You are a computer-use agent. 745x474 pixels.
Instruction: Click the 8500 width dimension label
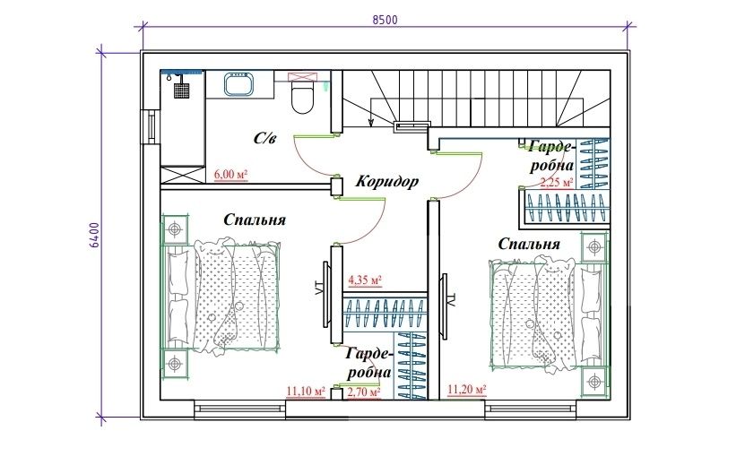pos(385,20)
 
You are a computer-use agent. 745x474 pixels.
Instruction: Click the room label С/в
pos(264,138)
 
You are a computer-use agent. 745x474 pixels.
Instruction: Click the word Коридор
pos(387,181)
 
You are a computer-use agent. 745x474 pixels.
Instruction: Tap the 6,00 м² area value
pos(231,175)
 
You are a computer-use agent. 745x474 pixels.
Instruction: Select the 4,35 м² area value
pos(366,280)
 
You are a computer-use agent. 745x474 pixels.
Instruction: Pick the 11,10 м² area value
pos(306,392)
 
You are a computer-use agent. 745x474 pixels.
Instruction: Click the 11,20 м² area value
pos(467,390)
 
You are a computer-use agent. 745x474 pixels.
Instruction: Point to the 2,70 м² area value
pos(364,392)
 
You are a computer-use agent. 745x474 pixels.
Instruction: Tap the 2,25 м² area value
pos(557,182)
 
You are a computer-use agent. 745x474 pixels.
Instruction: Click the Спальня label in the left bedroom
pos(255,220)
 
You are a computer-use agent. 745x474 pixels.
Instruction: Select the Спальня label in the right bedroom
pos(529,244)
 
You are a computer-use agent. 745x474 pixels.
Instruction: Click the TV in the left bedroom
pos(326,295)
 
